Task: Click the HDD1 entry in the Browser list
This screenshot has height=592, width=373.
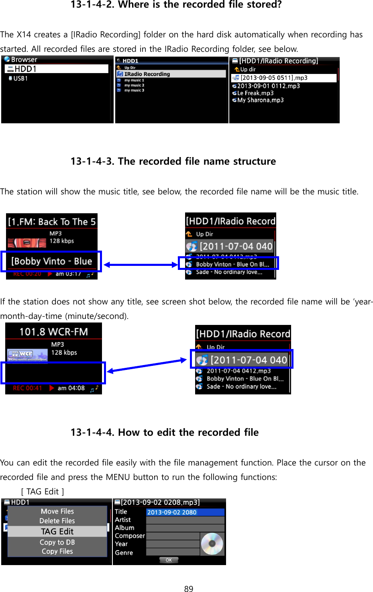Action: pos(56,69)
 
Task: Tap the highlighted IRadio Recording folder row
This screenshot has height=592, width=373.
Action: pos(171,74)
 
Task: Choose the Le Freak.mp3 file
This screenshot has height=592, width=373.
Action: pos(255,93)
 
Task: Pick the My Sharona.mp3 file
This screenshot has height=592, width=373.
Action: pos(260,100)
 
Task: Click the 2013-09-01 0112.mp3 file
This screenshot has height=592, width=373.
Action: pos(268,86)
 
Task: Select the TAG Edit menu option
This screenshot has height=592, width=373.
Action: pos(57,531)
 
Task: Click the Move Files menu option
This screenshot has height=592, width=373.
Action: pos(57,511)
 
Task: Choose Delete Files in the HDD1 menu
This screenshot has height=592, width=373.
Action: pos(57,521)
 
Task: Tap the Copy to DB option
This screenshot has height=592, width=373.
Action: pos(57,542)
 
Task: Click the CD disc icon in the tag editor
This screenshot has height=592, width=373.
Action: pos(212,544)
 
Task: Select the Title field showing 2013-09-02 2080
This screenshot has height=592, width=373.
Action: pos(185,512)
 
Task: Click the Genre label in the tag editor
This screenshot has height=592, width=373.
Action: pos(124,553)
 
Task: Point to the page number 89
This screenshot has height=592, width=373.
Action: pos(188,588)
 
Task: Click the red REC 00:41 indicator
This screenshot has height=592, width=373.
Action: pos(27,388)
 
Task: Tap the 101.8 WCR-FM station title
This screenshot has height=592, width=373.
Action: pos(53,332)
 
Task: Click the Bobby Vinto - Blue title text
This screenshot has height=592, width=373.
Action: pos(51,261)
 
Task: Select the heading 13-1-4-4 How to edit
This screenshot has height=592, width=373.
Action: pos(165,432)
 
